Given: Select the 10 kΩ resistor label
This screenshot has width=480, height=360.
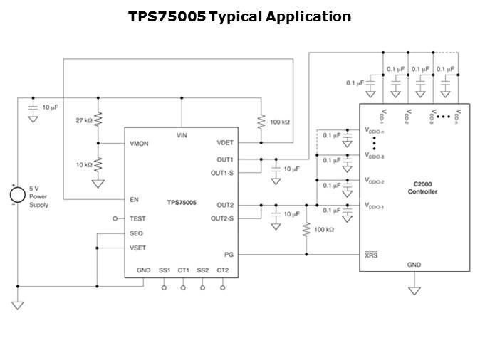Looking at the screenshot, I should (85, 164).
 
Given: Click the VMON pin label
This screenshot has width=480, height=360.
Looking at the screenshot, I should (140, 143).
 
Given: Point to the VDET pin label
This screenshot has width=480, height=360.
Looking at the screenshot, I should (225, 142).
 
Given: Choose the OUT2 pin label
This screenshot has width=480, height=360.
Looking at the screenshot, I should (225, 205).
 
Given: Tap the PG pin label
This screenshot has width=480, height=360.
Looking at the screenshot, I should (229, 253).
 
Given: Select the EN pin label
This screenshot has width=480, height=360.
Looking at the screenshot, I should (134, 200).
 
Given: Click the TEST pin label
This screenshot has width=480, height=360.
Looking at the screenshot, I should (137, 219).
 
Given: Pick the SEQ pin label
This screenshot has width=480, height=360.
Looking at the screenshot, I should (136, 233).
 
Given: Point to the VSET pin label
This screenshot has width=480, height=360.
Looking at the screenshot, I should (137, 248).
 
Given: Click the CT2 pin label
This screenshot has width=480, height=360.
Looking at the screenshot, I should (222, 270).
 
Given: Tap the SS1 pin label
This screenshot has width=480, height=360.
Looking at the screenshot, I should (165, 270).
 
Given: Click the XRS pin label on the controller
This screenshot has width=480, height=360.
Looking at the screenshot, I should (371, 254).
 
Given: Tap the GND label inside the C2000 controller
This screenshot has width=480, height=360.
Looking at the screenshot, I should (414, 265).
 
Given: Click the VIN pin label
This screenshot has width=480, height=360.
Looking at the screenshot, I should (182, 135).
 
